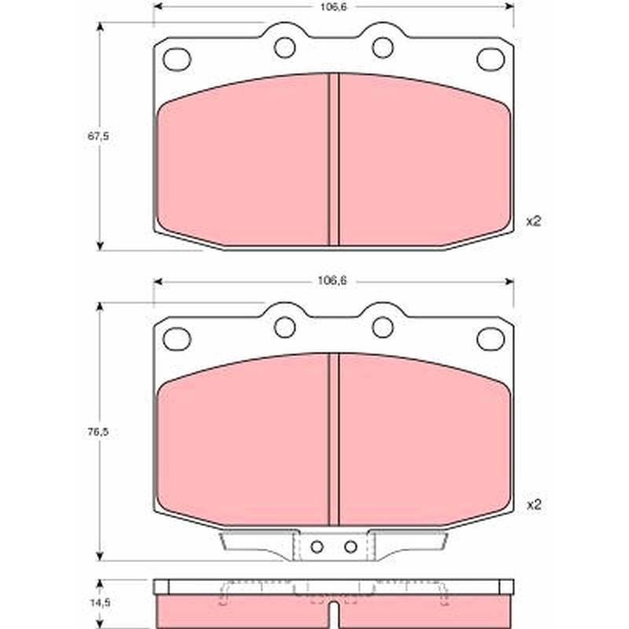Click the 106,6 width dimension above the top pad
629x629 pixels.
(x=333, y=6)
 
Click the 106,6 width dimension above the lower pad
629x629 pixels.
(x=332, y=281)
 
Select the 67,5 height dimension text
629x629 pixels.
(x=97, y=136)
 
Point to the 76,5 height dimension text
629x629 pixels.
(x=97, y=432)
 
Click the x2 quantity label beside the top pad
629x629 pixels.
(x=534, y=221)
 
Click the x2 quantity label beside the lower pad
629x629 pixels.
(x=534, y=505)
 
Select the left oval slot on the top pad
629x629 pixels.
(x=176, y=59)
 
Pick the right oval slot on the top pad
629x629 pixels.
(x=491, y=59)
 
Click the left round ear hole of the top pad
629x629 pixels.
(x=285, y=47)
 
